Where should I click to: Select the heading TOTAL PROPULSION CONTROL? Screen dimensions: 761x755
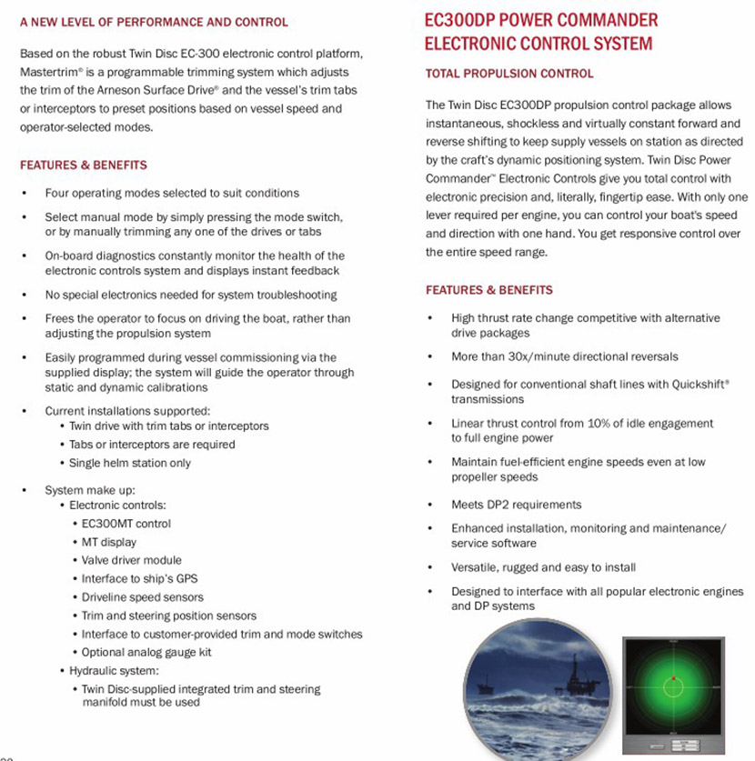pos(509,74)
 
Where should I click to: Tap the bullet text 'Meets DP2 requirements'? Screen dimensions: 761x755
pos(516,505)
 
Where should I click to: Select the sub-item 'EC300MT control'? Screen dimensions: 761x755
pos(126,524)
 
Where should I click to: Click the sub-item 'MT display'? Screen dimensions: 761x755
pos(109,542)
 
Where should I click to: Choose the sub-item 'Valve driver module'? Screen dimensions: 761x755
pos(131,560)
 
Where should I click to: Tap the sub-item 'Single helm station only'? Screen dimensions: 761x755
pos(130,463)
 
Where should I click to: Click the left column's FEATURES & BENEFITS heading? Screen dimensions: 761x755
pos(83,165)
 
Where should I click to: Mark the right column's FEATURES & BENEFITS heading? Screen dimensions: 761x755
pos(488,290)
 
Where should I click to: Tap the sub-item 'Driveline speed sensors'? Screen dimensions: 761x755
pos(142,597)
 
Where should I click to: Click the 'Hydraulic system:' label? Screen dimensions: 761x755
pos(115,671)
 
